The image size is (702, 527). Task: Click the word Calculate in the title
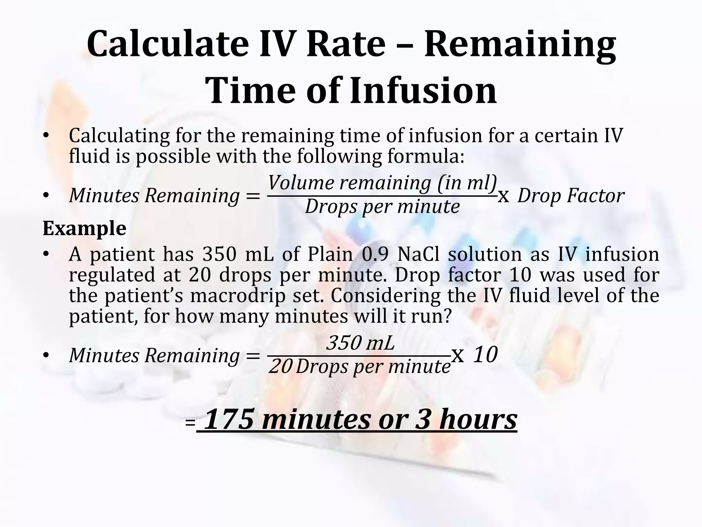pyautogui.click(x=167, y=45)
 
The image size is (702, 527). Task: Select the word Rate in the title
pyautogui.click(x=346, y=45)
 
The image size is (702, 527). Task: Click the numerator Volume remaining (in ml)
pyautogui.click(x=382, y=183)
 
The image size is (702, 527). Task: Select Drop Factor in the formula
pyautogui.click(x=571, y=196)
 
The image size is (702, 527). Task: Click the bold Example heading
pyautogui.click(x=84, y=228)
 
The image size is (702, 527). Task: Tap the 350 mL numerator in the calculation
pyautogui.click(x=361, y=343)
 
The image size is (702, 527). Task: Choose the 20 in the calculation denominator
pyautogui.click(x=280, y=367)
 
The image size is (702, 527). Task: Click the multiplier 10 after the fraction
pyautogui.click(x=485, y=355)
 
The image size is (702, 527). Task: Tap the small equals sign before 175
pyautogui.click(x=190, y=423)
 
